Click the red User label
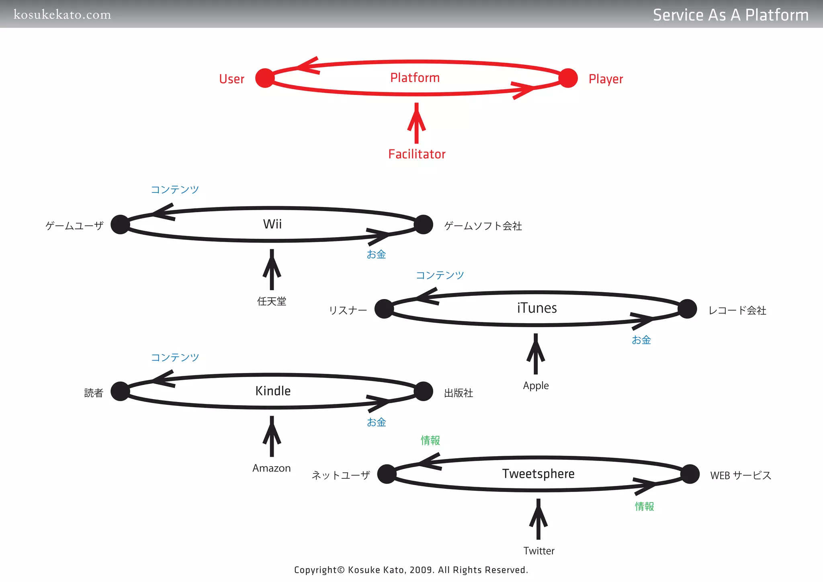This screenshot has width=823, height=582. [x=231, y=79]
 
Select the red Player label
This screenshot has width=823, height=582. [x=606, y=79]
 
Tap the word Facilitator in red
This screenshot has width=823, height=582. [x=417, y=154]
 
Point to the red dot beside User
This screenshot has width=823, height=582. [x=265, y=78]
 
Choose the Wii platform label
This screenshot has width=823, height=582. [x=272, y=224]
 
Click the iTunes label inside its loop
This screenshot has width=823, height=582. [x=537, y=308]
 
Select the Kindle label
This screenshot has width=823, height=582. [x=273, y=391]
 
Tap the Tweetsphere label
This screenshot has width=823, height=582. [x=538, y=473]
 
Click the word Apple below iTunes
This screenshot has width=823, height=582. [x=536, y=385]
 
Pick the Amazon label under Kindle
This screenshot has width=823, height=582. [x=272, y=468]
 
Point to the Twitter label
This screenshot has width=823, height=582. [x=538, y=551]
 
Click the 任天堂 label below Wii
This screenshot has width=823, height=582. [x=272, y=301]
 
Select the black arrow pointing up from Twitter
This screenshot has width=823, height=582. [x=538, y=519]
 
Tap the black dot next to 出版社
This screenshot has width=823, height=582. [x=424, y=391]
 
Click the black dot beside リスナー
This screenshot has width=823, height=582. [x=384, y=309]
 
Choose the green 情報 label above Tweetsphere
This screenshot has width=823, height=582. [x=430, y=441]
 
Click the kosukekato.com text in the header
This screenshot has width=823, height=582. [x=62, y=15]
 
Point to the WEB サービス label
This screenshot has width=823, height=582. [x=741, y=475]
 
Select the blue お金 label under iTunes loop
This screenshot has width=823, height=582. [x=641, y=340]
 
